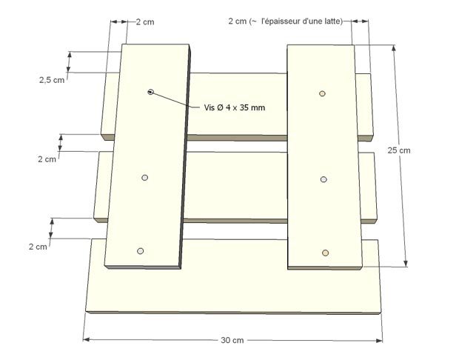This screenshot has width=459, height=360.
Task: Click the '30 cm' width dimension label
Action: (x=232, y=341)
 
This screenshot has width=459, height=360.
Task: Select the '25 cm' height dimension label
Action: (x=398, y=150)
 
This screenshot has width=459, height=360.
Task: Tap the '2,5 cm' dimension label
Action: (x=51, y=80)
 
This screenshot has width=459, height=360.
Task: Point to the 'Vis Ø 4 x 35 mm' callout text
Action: (x=235, y=107)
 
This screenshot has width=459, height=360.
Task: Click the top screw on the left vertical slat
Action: (x=150, y=92)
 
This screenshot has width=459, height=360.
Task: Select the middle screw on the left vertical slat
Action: (x=144, y=178)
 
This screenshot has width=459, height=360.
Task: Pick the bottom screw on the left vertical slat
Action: (x=141, y=251)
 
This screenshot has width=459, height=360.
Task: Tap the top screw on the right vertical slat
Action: (x=322, y=93)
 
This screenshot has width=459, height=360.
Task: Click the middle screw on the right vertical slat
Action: (x=324, y=179)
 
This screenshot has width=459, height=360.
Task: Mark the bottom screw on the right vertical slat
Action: (x=324, y=253)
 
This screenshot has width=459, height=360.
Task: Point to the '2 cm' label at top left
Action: (x=146, y=22)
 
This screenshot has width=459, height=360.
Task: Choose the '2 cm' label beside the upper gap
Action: (x=46, y=159)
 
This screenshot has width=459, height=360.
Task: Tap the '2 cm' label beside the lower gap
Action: (x=37, y=246)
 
